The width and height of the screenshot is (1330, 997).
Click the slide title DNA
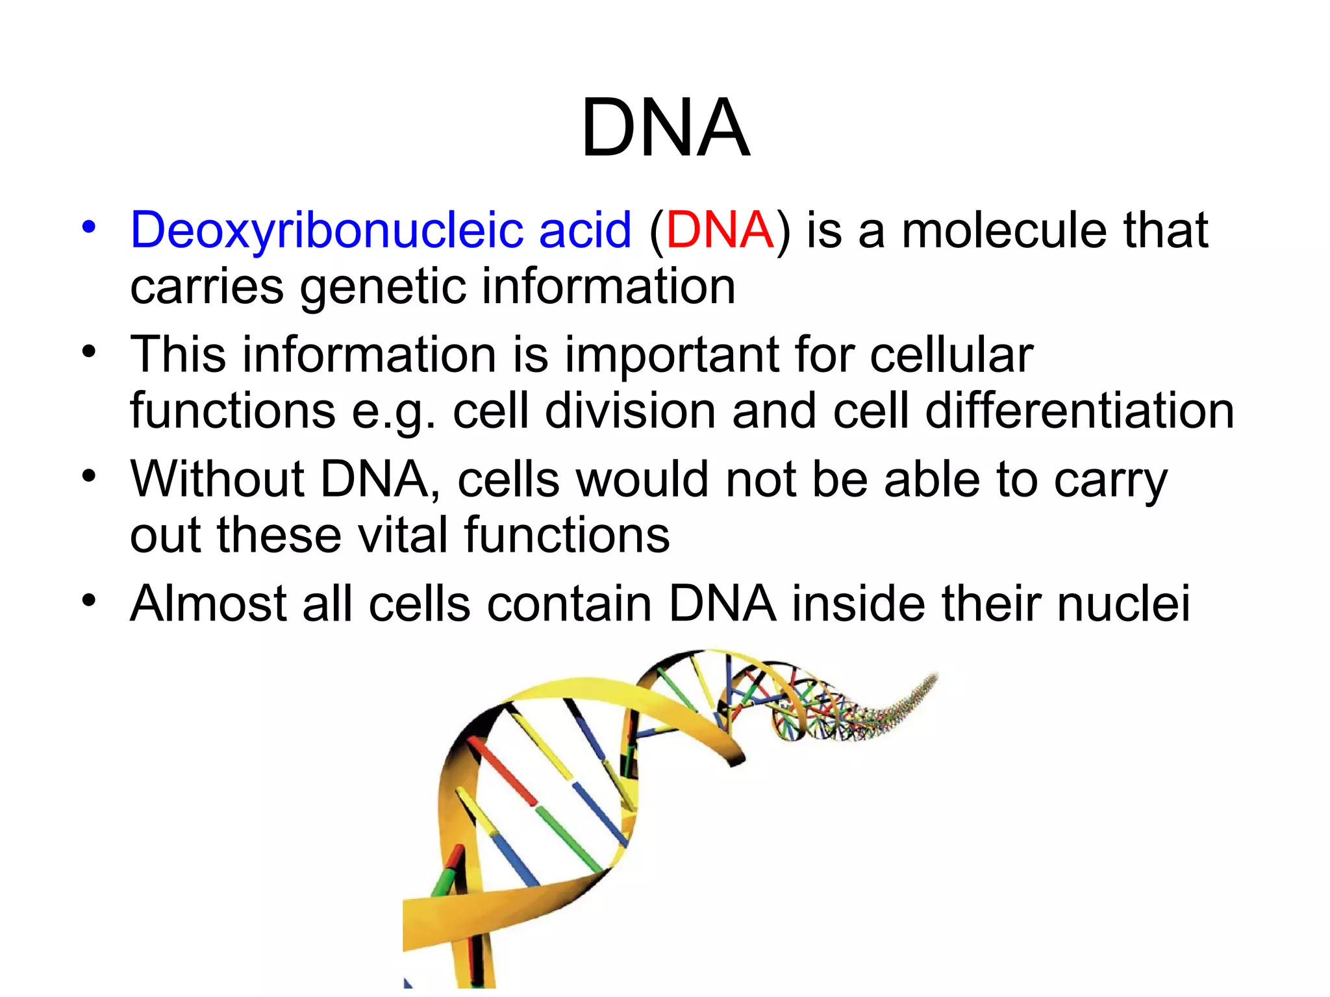coord(665,127)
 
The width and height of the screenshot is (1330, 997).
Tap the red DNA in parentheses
coord(720,230)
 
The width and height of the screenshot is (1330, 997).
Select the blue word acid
coord(584,230)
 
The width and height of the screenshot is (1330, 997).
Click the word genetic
coord(383,287)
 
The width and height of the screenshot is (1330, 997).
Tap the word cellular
coord(951,355)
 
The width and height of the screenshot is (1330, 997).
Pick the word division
coord(630,411)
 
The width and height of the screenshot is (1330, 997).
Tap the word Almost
coord(208,604)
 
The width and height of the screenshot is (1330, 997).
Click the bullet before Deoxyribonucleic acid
coord(89,228)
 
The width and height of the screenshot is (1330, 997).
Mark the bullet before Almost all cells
coord(89,601)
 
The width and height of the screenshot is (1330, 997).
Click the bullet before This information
coord(89,352)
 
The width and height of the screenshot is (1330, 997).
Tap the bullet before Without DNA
coord(89,476)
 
